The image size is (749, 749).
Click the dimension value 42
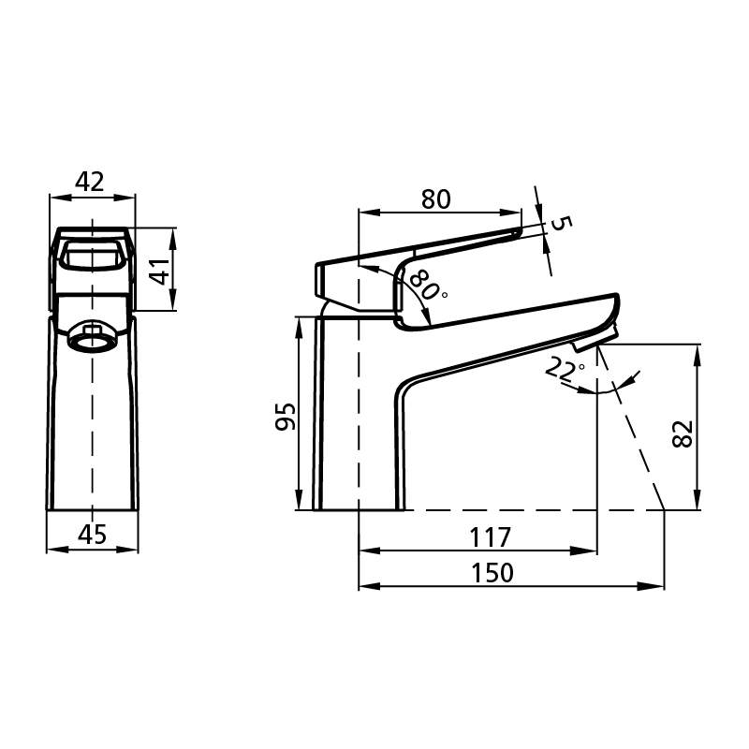click(89, 182)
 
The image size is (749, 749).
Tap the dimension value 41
click(162, 272)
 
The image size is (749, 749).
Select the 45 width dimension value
click(93, 534)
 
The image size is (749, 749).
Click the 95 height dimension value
click(286, 417)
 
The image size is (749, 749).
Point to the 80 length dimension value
click(435, 199)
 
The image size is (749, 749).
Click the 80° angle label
click(427, 285)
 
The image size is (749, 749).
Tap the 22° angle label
click(565, 369)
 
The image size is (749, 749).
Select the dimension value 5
click(560, 223)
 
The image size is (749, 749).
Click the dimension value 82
click(683, 433)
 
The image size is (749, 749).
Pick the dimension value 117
click(491, 537)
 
